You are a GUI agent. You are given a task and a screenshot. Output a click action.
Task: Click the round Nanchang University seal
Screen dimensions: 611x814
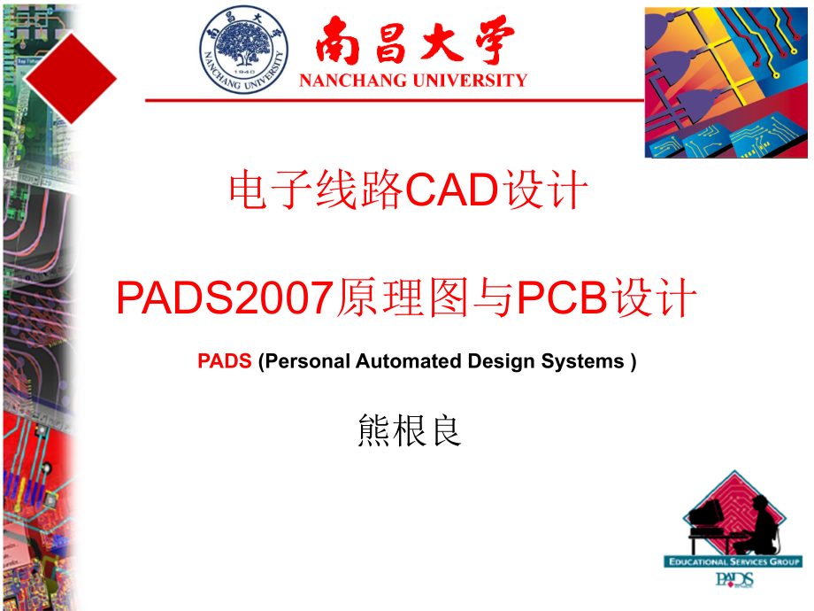243,50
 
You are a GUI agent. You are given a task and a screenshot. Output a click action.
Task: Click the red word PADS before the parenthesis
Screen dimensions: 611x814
225,361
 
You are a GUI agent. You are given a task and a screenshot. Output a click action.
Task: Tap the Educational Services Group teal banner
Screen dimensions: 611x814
733,561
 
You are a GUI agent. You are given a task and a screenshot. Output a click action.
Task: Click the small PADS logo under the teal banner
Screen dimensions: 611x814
734,580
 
